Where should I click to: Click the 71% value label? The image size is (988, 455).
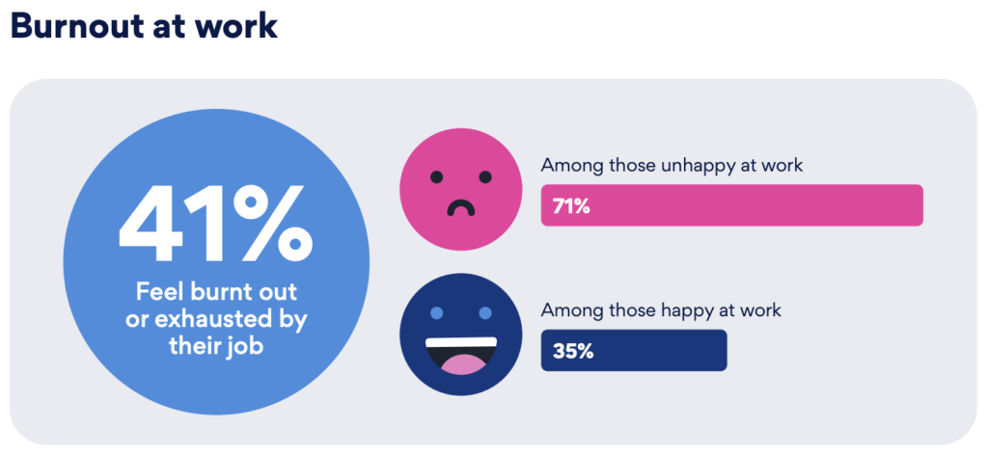click(x=571, y=205)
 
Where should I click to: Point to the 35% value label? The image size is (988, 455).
click(x=573, y=350)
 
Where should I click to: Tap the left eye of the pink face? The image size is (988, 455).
click(x=437, y=176)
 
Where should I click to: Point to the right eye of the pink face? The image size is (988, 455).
click(x=484, y=176)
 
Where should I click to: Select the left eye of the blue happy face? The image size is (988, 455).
click(x=437, y=313)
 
